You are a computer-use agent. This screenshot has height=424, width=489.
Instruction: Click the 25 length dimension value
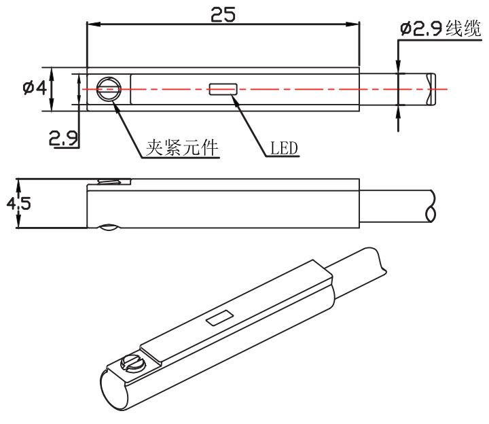[x=223, y=14]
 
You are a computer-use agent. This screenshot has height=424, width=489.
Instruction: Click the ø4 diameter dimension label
[x=34, y=88]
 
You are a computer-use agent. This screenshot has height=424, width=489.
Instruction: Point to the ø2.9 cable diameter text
[x=421, y=29]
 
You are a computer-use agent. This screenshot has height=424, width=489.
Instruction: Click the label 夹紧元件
[x=182, y=148]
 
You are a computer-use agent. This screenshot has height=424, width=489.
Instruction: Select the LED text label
[x=284, y=148]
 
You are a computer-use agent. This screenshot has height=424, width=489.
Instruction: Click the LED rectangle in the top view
[x=223, y=88]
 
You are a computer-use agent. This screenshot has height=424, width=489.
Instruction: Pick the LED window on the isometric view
[x=219, y=318]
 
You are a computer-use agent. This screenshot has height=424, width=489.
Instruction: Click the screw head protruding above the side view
[x=113, y=181]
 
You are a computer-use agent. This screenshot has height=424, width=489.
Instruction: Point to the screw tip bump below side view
[x=109, y=229]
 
